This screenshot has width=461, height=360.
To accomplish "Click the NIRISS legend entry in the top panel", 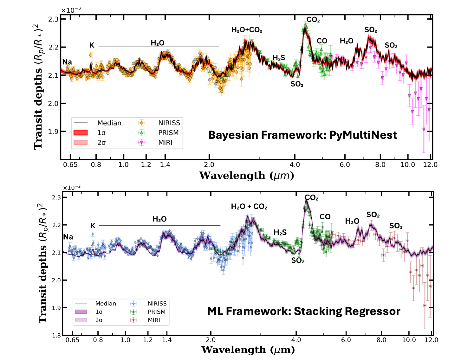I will tap(169, 123).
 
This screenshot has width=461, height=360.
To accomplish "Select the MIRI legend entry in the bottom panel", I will tap(154, 320).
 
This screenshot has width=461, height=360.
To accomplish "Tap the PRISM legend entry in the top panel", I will tap(168, 133).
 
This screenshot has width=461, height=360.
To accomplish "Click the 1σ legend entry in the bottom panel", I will tap(99, 312).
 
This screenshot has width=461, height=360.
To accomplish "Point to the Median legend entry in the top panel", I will tap(109, 123).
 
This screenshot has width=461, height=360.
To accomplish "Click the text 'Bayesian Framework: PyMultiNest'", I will tap(302, 135).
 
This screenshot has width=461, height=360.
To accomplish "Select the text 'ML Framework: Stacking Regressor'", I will tap(303, 311).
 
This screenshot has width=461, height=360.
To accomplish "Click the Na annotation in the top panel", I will tap(67, 62).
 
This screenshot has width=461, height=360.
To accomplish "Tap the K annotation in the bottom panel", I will tap(93, 226).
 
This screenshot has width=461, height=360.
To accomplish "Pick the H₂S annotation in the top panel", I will tap(279, 58).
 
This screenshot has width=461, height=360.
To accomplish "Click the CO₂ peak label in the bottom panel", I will tap(312, 198).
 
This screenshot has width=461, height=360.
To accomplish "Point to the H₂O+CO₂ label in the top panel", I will tap(247, 30).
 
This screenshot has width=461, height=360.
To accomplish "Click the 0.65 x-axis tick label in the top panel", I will tap(70, 165).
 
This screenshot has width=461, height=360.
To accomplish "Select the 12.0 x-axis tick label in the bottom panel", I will tap(431, 340).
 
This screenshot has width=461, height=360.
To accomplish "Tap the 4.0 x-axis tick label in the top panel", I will tap(295, 165).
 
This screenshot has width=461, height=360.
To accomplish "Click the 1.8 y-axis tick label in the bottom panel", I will tap(57, 336).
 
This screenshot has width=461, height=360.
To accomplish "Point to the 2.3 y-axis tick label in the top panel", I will tap(53, 19).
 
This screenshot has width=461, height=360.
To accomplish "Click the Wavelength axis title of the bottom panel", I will tap(248, 350).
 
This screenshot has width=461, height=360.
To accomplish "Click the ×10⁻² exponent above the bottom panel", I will tap(72, 188).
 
